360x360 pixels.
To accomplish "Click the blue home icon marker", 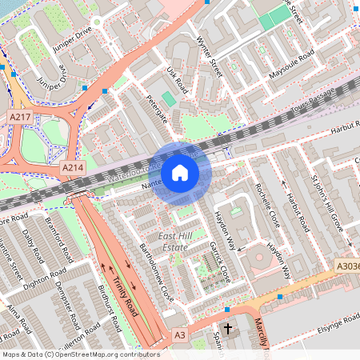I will (180, 172).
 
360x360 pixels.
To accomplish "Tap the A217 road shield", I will (20, 118).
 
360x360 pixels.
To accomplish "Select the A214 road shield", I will (73, 169).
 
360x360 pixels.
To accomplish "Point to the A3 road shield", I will (180, 335).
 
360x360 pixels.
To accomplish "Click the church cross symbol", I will (228, 329).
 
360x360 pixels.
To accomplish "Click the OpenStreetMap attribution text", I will (80, 354).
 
